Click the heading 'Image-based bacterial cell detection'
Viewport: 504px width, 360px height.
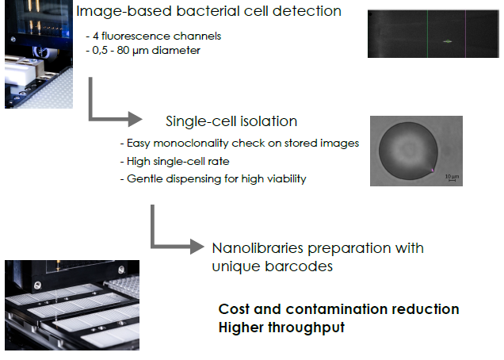pos(209,11)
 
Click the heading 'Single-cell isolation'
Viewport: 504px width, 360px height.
pos(231,121)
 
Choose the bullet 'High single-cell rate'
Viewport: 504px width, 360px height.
pos(170,161)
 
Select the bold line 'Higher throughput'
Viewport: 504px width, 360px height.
pos(281,327)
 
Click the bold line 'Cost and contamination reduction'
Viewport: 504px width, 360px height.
pos(338,309)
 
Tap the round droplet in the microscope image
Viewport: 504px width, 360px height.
pos(407,151)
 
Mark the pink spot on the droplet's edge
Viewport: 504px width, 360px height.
pos(433,170)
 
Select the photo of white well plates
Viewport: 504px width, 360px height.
pos(72,304)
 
